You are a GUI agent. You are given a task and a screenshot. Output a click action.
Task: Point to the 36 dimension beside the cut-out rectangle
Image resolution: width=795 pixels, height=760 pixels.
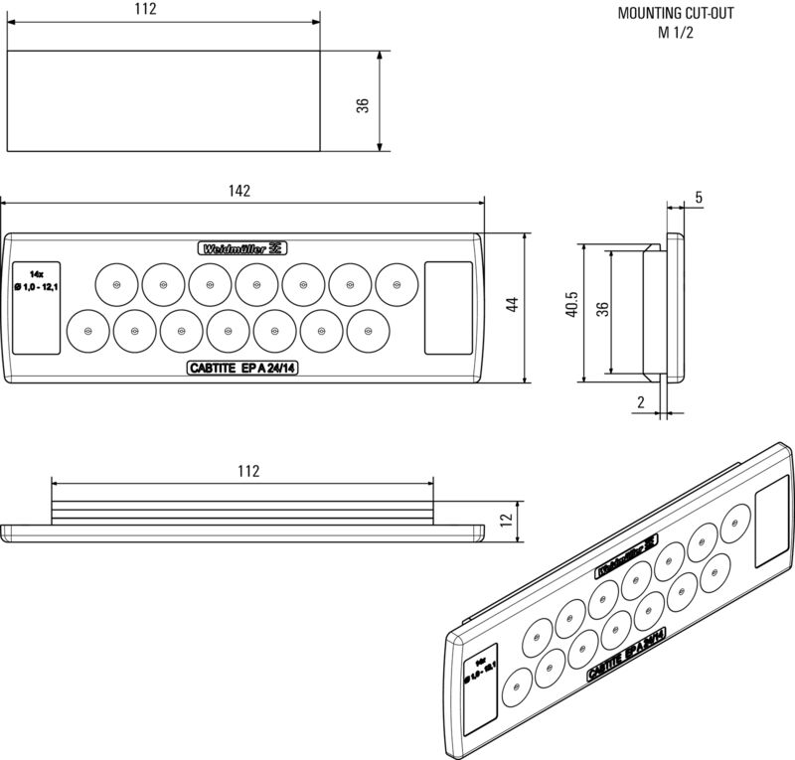pos(364,104)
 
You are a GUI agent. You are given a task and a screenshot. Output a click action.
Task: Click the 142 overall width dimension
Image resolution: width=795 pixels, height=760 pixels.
pos(238,191)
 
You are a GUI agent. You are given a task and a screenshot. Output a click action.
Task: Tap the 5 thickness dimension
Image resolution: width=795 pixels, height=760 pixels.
pos(700,198)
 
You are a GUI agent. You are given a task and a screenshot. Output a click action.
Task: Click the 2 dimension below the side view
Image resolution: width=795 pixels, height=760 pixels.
pos(641,401)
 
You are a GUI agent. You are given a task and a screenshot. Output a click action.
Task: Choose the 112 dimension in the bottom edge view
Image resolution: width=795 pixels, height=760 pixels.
pos(248,471)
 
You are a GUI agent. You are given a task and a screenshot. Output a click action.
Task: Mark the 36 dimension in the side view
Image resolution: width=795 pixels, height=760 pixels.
pos(602,308)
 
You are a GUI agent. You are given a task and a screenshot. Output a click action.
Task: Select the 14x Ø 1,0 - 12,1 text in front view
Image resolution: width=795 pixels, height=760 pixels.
pos(36,280)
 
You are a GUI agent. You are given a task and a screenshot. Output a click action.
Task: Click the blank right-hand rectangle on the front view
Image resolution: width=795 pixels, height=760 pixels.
pos(449,307)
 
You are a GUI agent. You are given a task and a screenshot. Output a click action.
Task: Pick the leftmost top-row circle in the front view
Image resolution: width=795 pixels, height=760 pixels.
pos(116,285)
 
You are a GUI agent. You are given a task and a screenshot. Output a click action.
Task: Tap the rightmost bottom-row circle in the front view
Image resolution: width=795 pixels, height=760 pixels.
pos(368,330)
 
